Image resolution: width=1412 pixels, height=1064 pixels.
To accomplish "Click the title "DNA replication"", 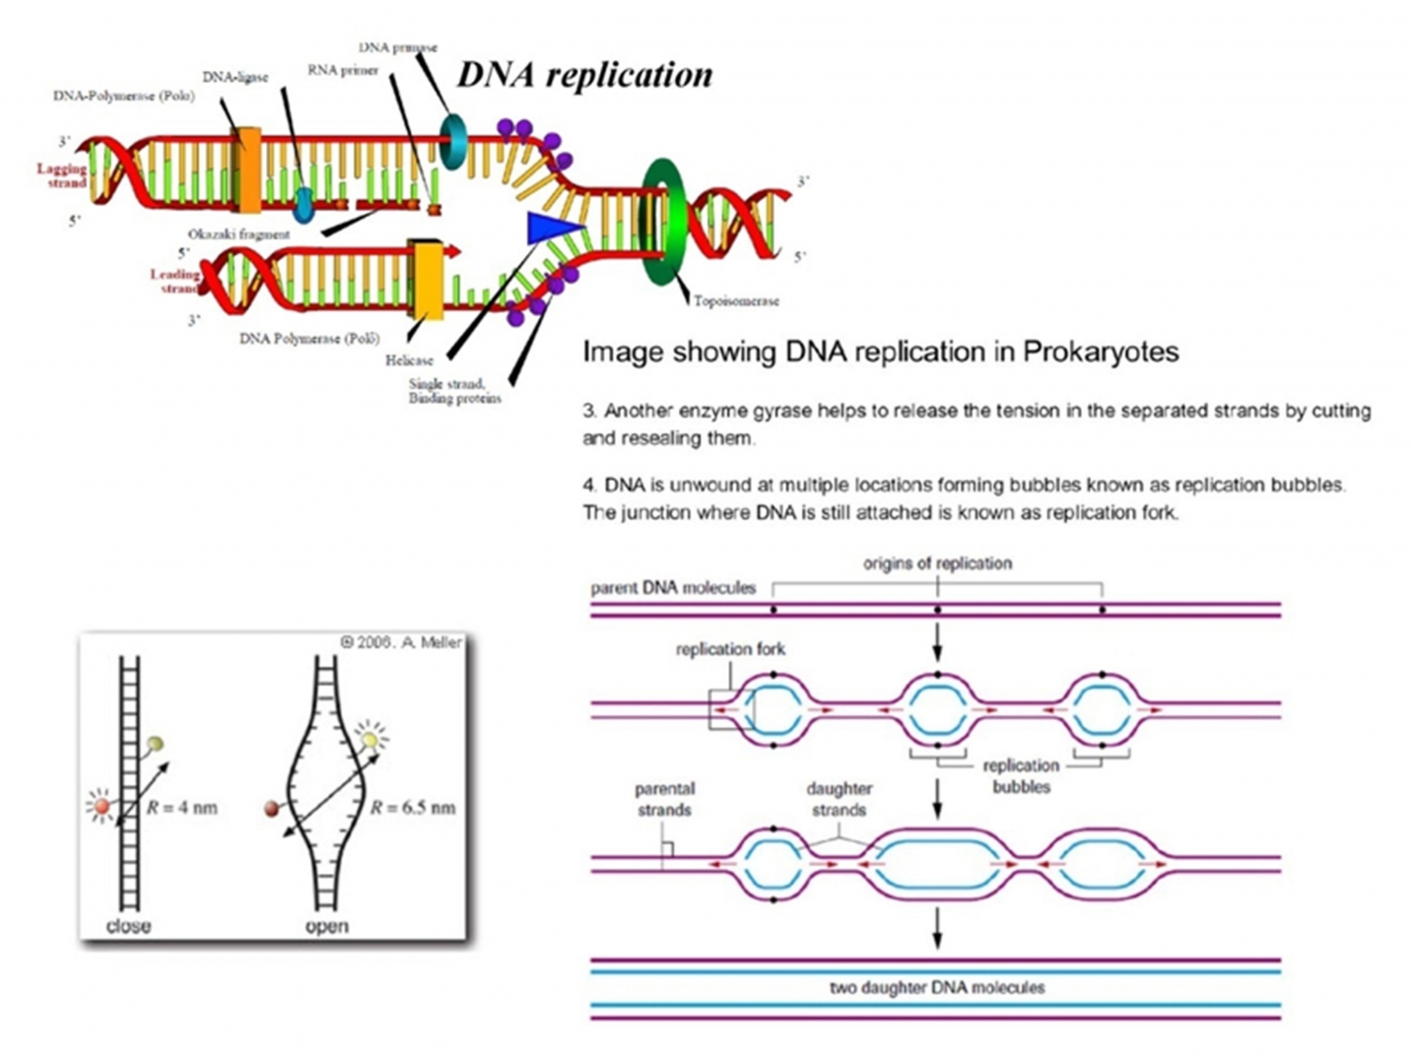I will pyautogui.click(x=584, y=75).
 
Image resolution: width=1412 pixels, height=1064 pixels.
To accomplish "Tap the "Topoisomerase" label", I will pyautogui.click(x=736, y=300).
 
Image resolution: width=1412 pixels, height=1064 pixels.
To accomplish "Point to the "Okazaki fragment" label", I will pyautogui.click(x=239, y=234).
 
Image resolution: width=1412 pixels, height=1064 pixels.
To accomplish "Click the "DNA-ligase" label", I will pyautogui.click(x=235, y=77).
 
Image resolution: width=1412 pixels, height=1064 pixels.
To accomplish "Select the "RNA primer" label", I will pyautogui.click(x=342, y=70).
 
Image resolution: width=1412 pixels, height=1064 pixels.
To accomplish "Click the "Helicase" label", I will pyautogui.click(x=409, y=361).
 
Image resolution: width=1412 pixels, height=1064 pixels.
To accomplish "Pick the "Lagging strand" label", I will pyautogui.click(x=61, y=175).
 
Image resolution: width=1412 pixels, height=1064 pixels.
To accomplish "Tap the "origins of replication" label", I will pyautogui.click(x=937, y=564).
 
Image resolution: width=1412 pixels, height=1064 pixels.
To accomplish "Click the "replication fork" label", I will pyautogui.click(x=730, y=649).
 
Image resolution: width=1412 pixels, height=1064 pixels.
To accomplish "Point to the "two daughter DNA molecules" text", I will pyautogui.click(x=936, y=987).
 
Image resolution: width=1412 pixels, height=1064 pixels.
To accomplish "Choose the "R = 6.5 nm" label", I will pyautogui.click(x=413, y=808).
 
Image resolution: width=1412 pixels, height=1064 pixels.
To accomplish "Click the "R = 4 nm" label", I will pyautogui.click(x=181, y=808).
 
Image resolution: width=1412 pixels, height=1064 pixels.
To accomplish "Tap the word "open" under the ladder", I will pyautogui.click(x=326, y=926).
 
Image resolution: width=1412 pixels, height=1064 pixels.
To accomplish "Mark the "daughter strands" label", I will pyautogui.click(x=839, y=799).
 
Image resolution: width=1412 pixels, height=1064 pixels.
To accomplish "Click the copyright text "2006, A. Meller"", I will pyautogui.click(x=401, y=642).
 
